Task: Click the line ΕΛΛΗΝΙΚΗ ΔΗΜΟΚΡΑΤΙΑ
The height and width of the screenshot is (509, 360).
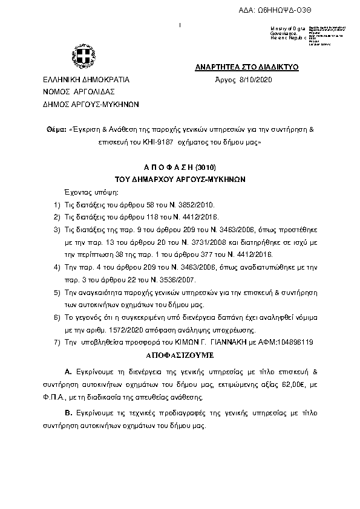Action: [82, 80]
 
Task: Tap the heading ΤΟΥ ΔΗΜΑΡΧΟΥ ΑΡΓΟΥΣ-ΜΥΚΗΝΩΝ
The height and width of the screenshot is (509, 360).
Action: [180, 180]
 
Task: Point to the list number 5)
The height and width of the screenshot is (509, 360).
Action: [57, 293]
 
